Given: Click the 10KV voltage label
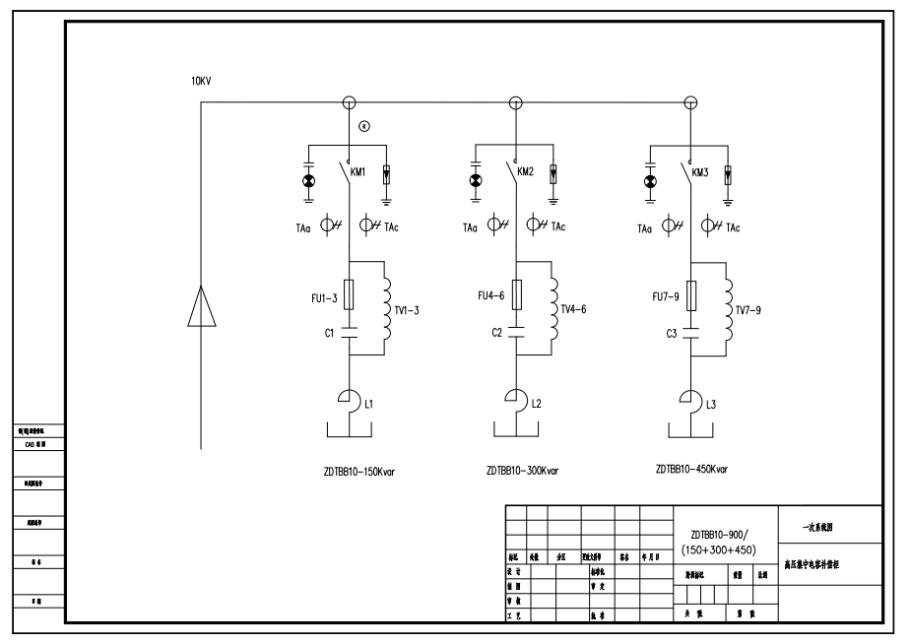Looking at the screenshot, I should (x=201, y=81).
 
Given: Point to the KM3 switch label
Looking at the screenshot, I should (x=700, y=172).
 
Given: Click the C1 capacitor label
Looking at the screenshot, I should (x=331, y=333).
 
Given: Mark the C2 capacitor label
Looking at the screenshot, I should (x=498, y=333).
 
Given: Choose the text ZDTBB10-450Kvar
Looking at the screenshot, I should (x=691, y=470).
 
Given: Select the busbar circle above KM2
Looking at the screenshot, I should (x=515, y=102).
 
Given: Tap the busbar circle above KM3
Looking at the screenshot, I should (x=690, y=102).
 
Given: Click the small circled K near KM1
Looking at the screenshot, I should (x=363, y=125).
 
